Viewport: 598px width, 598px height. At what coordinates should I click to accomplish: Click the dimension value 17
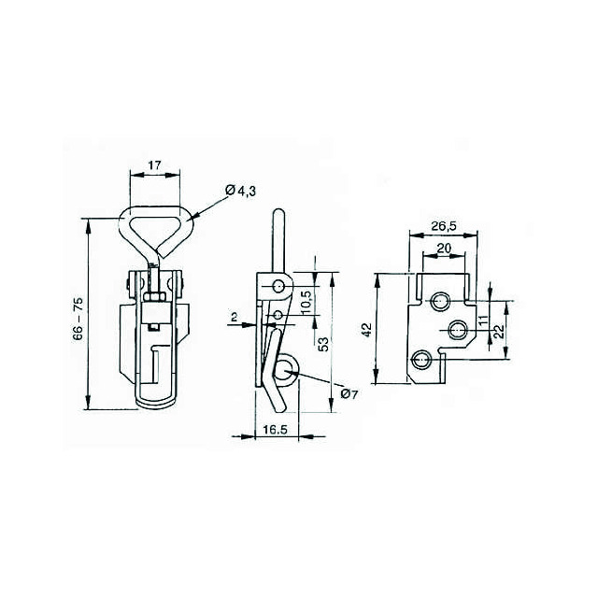(x=154, y=165)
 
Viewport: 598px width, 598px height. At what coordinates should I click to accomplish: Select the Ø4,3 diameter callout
(x=241, y=191)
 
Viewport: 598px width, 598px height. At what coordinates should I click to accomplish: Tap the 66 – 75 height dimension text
(x=78, y=319)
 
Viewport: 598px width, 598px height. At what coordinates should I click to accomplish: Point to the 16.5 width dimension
(x=275, y=429)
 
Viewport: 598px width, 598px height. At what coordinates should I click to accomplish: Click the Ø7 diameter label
(x=349, y=394)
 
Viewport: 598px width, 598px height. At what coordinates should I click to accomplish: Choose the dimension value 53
(x=323, y=345)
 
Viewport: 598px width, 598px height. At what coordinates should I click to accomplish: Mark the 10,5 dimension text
(x=306, y=303)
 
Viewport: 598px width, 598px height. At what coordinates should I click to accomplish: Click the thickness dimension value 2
(x=235, y=317)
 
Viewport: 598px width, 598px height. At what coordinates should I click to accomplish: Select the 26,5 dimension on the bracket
(x=444, y=226)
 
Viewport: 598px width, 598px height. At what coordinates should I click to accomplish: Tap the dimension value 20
(x=444, y=249)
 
